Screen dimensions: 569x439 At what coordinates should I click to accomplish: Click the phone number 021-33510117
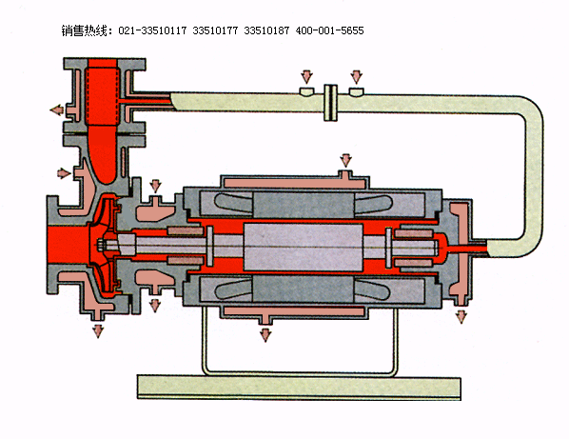pyautogui.click(x=152, y=30)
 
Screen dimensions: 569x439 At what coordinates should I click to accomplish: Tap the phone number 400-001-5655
pyautogui.click(x=329, y=30)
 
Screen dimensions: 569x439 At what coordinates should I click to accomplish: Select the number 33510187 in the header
pyautogui.click(x=266, y=30)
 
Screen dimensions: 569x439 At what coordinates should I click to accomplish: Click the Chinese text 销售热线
pyautogui.click(x=84, y=30)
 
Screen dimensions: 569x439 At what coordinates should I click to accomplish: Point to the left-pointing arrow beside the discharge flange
pyautogui.click(x=57, y=110)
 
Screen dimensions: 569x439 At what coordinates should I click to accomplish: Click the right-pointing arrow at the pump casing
pyautogui.click(x=64, y=173)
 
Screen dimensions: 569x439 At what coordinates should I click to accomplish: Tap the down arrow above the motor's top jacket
pyautogui.click(x=345, y=160)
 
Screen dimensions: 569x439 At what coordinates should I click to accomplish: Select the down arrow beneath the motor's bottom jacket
pyautogui.click(x=265, y=335)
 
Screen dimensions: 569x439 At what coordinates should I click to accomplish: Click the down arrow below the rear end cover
pyautogui.click(x=461, y=316)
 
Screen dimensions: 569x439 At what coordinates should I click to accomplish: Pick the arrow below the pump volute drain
pyautogui.click(x=98, y=331)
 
